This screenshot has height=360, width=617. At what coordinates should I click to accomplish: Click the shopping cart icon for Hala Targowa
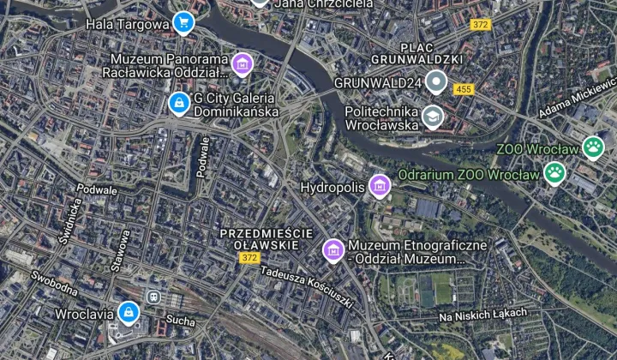point(183,23)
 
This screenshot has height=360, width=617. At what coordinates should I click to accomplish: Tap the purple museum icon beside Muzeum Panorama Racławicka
point(243,63)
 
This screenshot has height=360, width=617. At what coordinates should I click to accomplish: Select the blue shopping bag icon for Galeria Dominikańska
point(178,105)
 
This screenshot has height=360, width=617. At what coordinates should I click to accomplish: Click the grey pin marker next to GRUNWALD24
point(437,83)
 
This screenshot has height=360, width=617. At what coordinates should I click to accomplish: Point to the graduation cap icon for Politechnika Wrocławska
point(433,117)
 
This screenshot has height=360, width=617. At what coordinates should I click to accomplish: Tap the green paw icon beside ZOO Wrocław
point(593,147)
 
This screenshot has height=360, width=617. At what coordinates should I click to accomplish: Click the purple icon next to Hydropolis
point(379,185)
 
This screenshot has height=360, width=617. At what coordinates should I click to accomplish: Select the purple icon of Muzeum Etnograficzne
point(332,249)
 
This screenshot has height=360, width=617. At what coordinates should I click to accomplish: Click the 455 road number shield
point(464,89)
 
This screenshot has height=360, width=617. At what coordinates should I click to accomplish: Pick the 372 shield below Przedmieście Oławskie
point(249,258)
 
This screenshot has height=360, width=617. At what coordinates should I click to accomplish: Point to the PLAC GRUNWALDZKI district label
point(416,53)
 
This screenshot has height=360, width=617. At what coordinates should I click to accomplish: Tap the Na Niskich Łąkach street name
point(482,315)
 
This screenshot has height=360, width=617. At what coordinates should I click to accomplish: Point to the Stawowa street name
point(119,249)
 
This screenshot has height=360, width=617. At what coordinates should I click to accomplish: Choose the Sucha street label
point(180,321)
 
